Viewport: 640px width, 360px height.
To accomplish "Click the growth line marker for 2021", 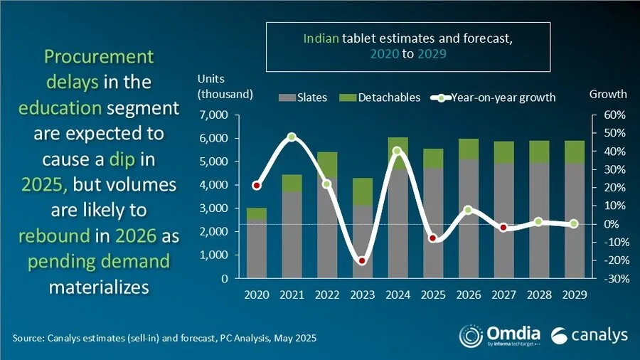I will pyautogui.click(x=292, y=137).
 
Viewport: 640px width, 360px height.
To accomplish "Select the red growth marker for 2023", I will pyautogui.click(x=362, y=261).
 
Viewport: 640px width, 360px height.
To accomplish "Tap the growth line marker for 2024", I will pyautogui.click(x=397, y=151).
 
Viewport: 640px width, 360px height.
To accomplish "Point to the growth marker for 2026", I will pyautogui.click(x=467, y=210).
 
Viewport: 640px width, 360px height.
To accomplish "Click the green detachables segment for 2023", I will pyautogui.click(x=362, y=191).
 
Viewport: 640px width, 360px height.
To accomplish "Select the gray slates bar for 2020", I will pyautogui.click(x=257, y=249).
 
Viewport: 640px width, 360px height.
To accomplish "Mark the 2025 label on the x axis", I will pyautogui.click(x=432, y=293).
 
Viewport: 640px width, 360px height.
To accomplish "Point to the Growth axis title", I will pyautogui.click(x=609, y=94).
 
